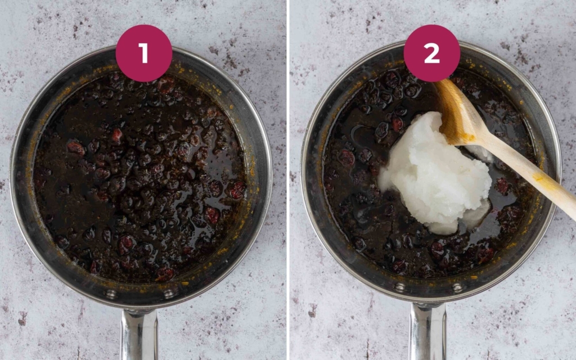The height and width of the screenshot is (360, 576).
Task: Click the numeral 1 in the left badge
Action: [143, 53]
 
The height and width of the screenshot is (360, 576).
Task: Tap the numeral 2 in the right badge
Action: [431, 53]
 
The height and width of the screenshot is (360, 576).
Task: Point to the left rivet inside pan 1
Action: [111, 294]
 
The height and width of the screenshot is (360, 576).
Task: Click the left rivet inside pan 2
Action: [399, 287]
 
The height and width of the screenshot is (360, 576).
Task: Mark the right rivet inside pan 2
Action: [457, 287]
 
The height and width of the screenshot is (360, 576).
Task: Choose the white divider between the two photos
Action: [288, 180]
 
